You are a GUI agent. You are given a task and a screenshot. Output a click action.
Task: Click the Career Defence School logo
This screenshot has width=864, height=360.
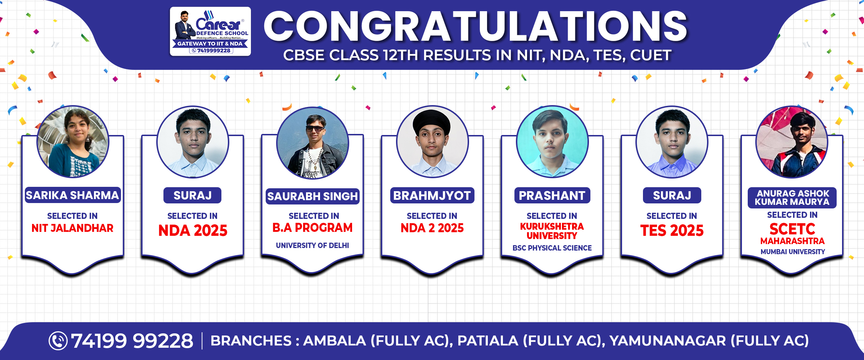coord(210,31)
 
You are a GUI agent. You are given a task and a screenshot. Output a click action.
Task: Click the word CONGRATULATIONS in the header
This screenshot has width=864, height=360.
coord(476,26)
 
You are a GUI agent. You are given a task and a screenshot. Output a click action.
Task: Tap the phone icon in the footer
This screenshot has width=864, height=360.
coord(58,341)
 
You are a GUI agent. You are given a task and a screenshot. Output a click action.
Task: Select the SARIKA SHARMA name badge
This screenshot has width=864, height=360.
coord(72,195)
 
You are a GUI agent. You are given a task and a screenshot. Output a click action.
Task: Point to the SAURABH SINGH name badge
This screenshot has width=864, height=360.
coord(312,196)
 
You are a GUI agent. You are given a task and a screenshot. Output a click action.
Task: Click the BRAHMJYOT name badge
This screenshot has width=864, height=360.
coord(432,195)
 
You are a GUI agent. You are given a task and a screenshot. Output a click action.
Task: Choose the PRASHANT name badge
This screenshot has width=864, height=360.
coord(552,195)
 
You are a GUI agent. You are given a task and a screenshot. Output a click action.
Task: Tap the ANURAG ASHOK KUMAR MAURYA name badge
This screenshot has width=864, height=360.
coord(792,198)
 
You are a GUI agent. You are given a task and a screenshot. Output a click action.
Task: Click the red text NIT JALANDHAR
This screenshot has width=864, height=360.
coord(72,228)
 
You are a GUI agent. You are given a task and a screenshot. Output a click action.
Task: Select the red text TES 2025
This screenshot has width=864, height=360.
coord(672,230)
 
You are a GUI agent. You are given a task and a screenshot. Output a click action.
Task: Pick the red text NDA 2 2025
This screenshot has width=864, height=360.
coord(432,228)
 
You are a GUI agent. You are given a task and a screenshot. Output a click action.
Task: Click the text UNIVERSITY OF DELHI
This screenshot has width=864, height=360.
coord(312,246)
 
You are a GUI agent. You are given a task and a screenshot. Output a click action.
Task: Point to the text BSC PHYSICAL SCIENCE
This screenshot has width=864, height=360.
coord(552,248)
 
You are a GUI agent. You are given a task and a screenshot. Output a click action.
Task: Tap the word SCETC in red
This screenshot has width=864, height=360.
coord(792,229)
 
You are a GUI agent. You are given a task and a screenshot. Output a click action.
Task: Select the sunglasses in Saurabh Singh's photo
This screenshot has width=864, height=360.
coord(315,128)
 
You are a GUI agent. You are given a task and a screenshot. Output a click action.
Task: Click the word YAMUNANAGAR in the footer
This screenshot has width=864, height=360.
coord(667,341)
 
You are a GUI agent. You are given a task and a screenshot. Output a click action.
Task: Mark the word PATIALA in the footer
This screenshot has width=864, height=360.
coord(488,341)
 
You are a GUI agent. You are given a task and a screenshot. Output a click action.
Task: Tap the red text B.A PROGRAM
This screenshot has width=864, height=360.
coord(312,228)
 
